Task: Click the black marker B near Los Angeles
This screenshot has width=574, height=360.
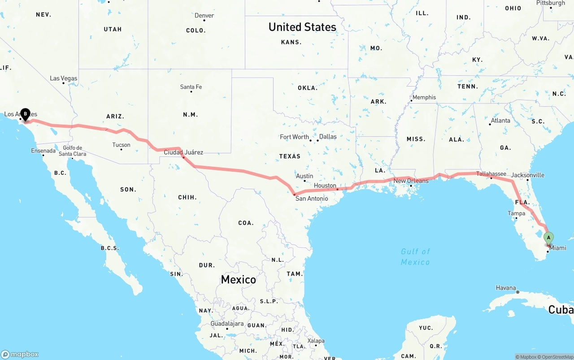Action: (x=26, y=114)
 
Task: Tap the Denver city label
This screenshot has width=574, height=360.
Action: (x=204, y=16)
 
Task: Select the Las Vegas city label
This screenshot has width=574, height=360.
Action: (x=63, y=78)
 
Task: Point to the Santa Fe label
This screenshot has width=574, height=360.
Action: (x=191, y=87)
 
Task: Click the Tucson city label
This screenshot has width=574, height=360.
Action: (x=121, y=145)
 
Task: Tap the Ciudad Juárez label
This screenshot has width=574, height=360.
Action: (x=183, y=152)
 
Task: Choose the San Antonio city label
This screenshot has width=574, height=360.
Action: (x=312, y=198)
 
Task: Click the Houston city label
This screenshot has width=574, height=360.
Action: (x=325, y=186)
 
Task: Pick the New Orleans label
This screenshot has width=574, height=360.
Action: (x=411, y=181)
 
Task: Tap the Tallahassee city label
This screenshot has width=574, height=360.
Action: (x=491, y=174)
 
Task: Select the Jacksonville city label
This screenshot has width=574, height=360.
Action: (x=528, y=175)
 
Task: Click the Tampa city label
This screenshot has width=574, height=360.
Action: (x=516, y=214)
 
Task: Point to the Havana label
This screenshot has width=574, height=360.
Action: (x=506, y=288)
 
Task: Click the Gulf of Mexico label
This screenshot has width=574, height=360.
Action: (x=415, y=256)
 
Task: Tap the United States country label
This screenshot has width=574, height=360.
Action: (x=302, y=27)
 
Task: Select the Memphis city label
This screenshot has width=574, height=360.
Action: (x=424, y=97)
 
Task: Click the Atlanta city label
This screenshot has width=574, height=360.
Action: (x=500, y=121)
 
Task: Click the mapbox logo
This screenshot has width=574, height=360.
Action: (x=20, y=354)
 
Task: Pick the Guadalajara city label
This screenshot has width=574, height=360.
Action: (x=227, y=324)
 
